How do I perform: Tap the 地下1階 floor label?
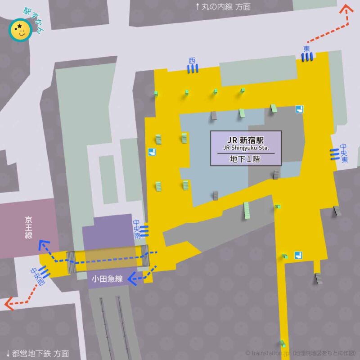[x=246, y=159]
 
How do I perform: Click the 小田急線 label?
[x=107, y=279]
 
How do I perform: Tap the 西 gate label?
[x=193, y=60]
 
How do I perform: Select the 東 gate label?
[x=306, y=49]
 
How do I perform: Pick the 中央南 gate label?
[x=136, y=230]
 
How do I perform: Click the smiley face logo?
[x=20, y=31]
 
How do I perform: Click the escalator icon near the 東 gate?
[x=299, y=108]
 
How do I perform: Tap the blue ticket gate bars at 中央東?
[x=334, y=153]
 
